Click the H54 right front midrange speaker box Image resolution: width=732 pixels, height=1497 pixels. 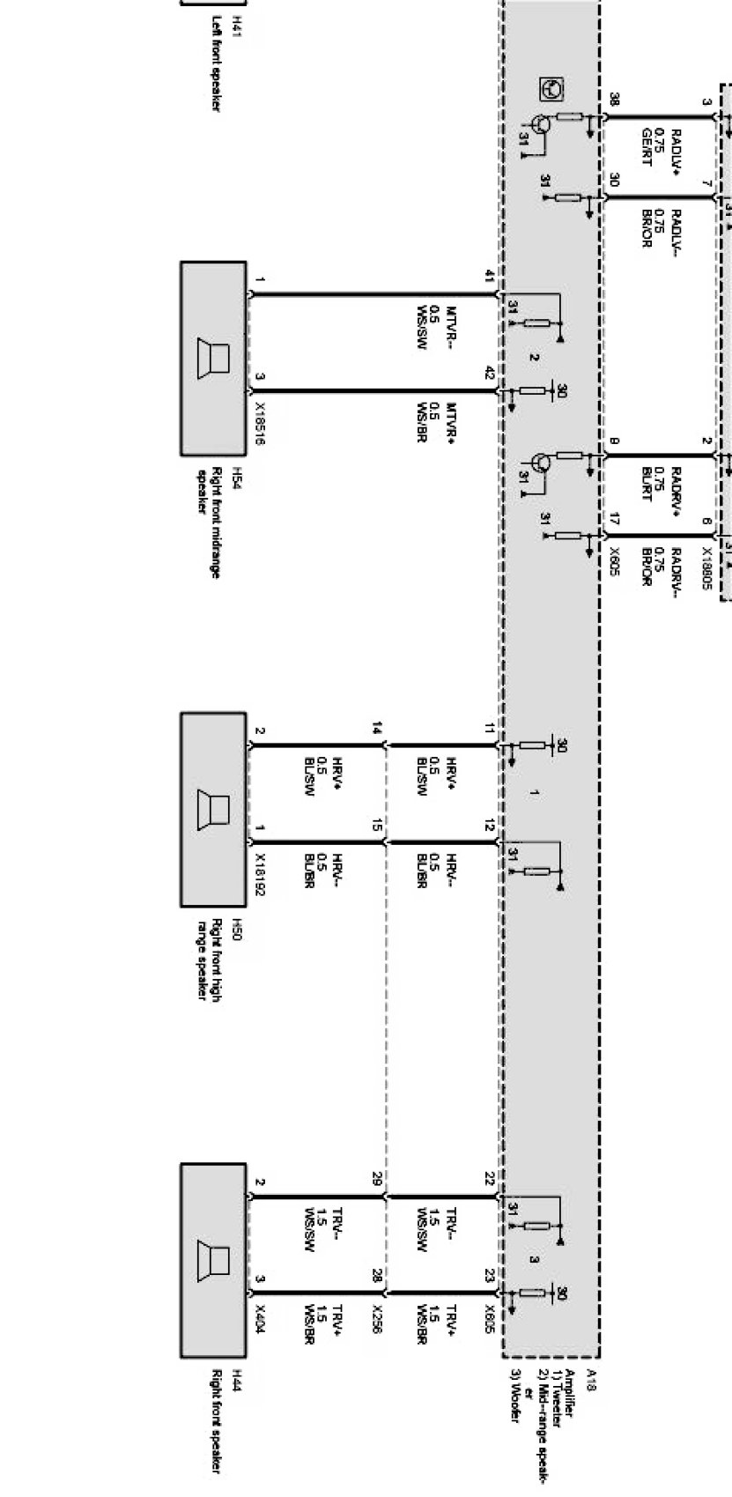[x=213, y=358]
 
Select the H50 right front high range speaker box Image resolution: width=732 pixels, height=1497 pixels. [x=213, y=809]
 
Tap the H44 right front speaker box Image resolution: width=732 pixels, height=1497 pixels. [x=213, y=1260]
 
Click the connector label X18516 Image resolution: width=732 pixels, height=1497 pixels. [x=260, y=425]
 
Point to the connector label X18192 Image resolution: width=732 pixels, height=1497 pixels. [x=260, y=874]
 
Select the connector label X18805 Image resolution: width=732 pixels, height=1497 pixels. [x=706, y=568]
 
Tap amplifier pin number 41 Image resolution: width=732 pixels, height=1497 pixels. [x=490, y=277]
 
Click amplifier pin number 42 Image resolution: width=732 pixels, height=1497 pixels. [x=490, y=374]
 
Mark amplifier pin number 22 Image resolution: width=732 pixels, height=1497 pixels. [x=490, y=1179]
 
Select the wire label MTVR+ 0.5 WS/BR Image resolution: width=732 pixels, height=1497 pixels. [x=435, y=423]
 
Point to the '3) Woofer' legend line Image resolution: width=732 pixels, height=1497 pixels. [x=515, y=1397]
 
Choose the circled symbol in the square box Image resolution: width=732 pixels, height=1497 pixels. [x=552, y=89]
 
